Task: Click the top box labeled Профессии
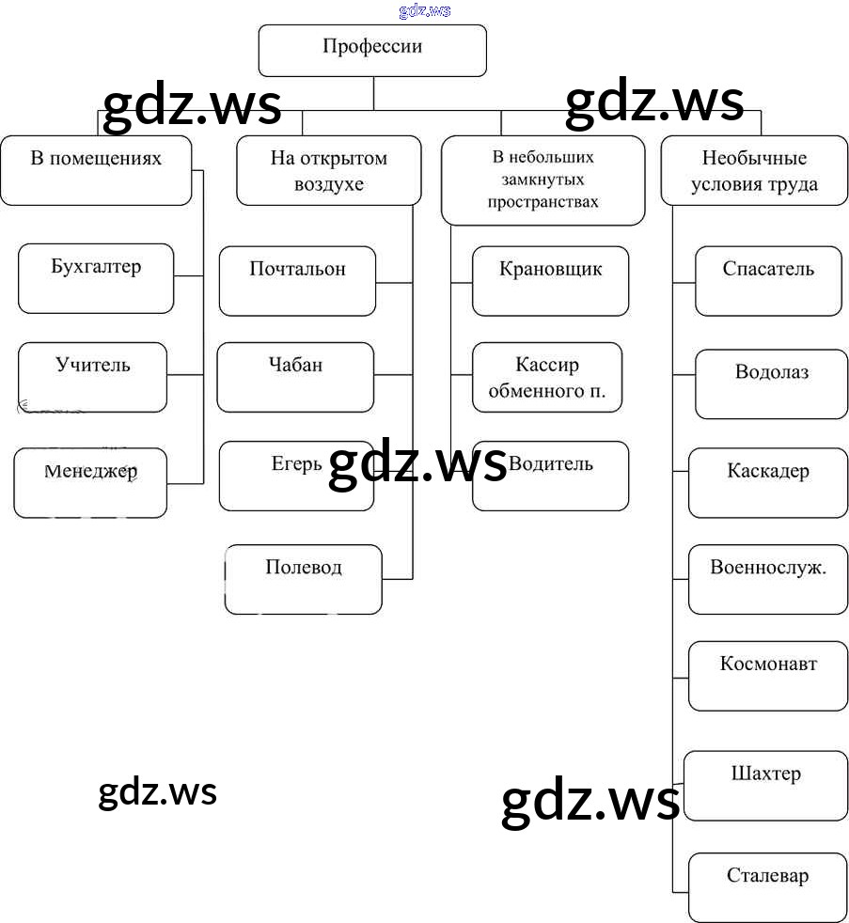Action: [372, 50]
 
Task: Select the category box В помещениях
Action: [96, 170]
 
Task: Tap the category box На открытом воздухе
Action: [329, 170]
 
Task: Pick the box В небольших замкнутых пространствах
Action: [543, 180]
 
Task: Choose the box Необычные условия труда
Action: [754, 170]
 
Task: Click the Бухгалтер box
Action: [96, 278]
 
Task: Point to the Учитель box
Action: [93, 377]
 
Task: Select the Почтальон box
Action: [297, 280]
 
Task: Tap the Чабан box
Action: [295, 377]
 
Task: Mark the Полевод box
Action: [304, 579]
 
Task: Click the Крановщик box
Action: [550, 280]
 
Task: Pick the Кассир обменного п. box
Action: [547, 377]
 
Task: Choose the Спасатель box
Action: [768, 280]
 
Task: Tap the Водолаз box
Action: [772, 383]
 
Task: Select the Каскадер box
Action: [768, 482]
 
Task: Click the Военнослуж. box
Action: [768, 579]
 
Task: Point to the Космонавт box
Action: [768, 675]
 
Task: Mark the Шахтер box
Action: [766, 786]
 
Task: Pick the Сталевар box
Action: [768, 886]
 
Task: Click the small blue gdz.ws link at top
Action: [425, 10]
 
